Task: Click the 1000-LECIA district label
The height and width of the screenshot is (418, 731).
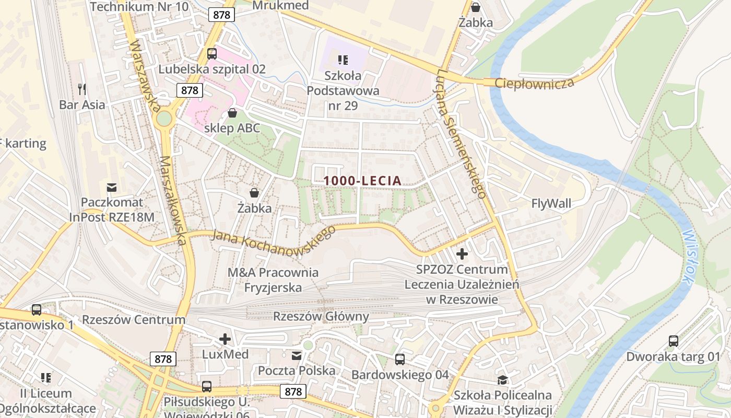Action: pyautogui.click(x=362, y=181)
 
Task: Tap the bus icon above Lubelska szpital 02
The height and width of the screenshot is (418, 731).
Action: pyautogui.click(x=212, y=53)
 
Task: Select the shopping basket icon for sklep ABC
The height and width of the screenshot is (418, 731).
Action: pyautogui.click(x=232, y=113)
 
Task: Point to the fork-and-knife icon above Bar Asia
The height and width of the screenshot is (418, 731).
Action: pyautogui.click(x=82, y=89)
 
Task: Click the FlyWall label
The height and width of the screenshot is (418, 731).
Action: pyautogui.click(x=551, y=203)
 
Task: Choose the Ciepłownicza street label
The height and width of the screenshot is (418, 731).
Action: pyautogui.click(x=534, y=83)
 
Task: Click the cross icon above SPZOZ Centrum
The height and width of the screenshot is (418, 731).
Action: pyautogui.click(x=462, y=254)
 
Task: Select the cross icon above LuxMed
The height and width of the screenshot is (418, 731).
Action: pyautogui.click(x=225, y=339)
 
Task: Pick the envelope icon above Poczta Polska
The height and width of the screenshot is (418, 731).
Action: pyautogui.click(x=297, y=356)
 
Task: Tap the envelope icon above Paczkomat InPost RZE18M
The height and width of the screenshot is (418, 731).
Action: pyautogui.click(x=112, y=187)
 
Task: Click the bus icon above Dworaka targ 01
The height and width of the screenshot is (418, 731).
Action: pyautogui.click(x=674, y=341)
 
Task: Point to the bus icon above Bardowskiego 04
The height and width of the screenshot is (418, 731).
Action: pyautogui.click(x=400, y=359)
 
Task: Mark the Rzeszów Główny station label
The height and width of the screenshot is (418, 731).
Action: pyautogui.click(x=321, y=317)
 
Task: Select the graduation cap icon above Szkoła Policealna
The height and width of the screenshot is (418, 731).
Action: pyautogui.click(x=502, y=379)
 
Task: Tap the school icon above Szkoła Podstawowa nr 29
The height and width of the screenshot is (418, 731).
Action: pyautogui.click(x=343, y=60)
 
